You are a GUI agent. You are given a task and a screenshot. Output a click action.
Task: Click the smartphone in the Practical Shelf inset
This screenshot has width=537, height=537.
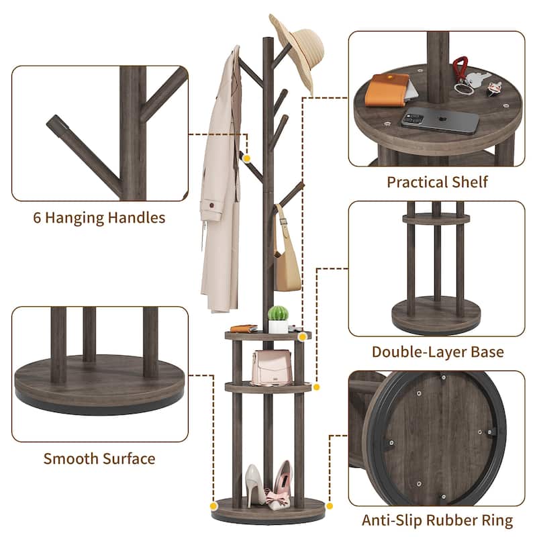440,120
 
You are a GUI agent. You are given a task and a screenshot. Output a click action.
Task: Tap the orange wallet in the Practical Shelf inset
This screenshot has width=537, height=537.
387,90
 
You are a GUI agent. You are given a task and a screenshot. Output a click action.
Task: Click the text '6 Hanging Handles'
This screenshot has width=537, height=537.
99,217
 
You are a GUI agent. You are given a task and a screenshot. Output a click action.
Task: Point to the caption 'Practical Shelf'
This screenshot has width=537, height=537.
437,182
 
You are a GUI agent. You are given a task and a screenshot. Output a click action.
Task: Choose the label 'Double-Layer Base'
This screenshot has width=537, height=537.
438,352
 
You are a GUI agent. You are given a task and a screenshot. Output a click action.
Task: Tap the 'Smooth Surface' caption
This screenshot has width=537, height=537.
99,459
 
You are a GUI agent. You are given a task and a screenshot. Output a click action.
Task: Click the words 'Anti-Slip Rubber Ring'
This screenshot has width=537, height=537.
438,520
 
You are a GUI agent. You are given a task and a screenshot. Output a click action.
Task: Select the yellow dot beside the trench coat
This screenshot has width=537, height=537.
248,158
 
